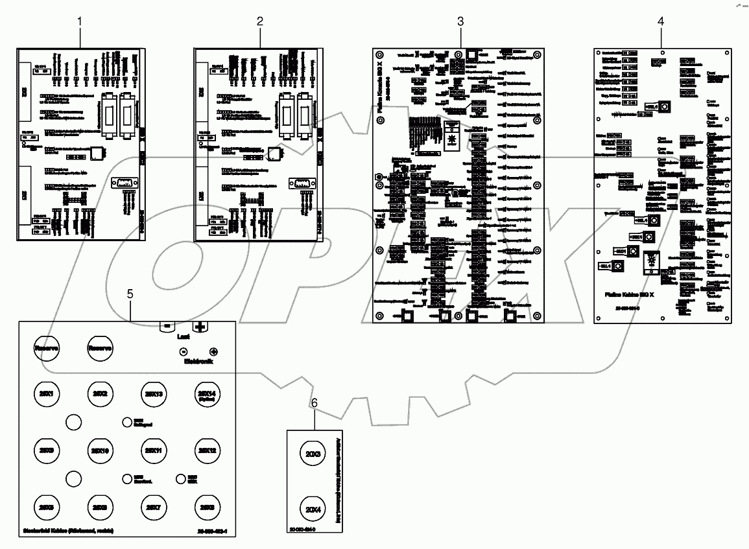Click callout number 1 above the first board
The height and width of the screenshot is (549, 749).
tap(80, 21)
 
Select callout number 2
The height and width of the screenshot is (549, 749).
tap(260, 21)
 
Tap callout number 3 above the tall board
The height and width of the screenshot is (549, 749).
tap(460, 21)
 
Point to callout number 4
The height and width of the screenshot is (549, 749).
tap(661, 21)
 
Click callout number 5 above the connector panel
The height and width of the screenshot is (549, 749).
tap(130, 294)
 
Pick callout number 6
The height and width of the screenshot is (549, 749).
tap(315, 403)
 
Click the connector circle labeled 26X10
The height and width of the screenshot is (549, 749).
tap(99, 450)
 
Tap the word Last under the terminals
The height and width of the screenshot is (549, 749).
tap(184, 337)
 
